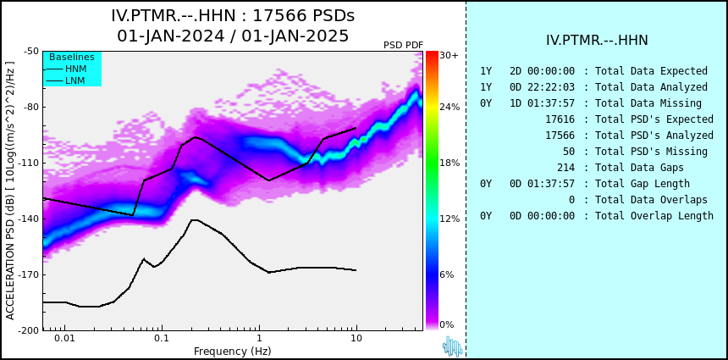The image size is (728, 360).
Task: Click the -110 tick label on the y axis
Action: [30, 163]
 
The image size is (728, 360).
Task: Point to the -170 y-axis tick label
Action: [30, 274]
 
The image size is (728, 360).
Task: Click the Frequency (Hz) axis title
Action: [232, 351]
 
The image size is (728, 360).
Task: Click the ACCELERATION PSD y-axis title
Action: [10, 191]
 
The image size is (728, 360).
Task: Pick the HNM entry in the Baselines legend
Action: [76, 69]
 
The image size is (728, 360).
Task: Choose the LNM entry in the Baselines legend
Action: [75, 80]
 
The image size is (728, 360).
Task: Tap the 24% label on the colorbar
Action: [449, 108]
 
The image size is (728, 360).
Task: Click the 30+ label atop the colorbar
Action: [449, 56]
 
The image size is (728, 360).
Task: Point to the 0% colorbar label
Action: [447, 324]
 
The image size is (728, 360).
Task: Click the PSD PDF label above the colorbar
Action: [404, 45]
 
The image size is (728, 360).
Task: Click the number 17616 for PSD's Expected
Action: [560, 119]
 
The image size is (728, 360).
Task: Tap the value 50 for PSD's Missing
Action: [569, 152]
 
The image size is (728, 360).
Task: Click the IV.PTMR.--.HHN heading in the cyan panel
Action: [597, 41]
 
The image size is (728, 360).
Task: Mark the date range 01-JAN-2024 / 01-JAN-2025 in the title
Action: [233, 36]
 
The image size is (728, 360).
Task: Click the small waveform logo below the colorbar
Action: [452, 346]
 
